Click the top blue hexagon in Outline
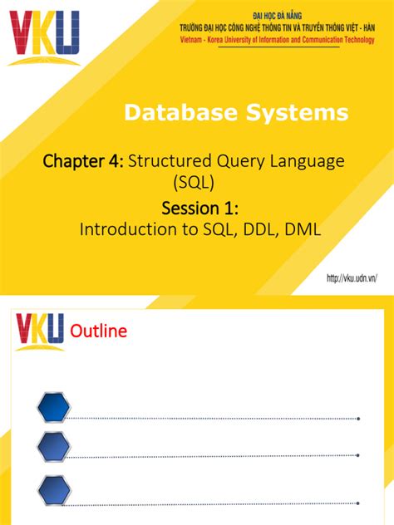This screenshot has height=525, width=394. (x=54, y=407)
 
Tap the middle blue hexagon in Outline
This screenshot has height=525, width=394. (x=54, y=448)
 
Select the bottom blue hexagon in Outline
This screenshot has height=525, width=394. (x=54, y=488)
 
